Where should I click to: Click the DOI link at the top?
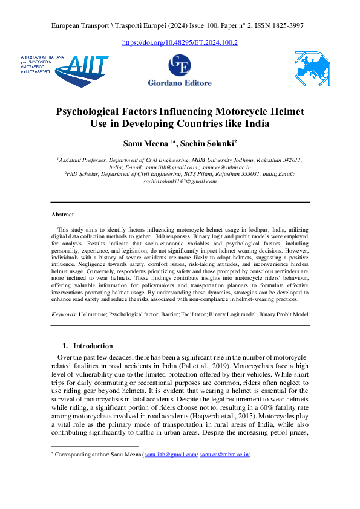click(x=180, y=43)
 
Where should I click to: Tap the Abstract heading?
click(x=63, y=215)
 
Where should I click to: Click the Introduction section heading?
click(x=93, y=346)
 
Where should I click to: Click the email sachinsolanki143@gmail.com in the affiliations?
click(x=180, y=181)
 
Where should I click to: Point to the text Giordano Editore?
click(x=180, y=83)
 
